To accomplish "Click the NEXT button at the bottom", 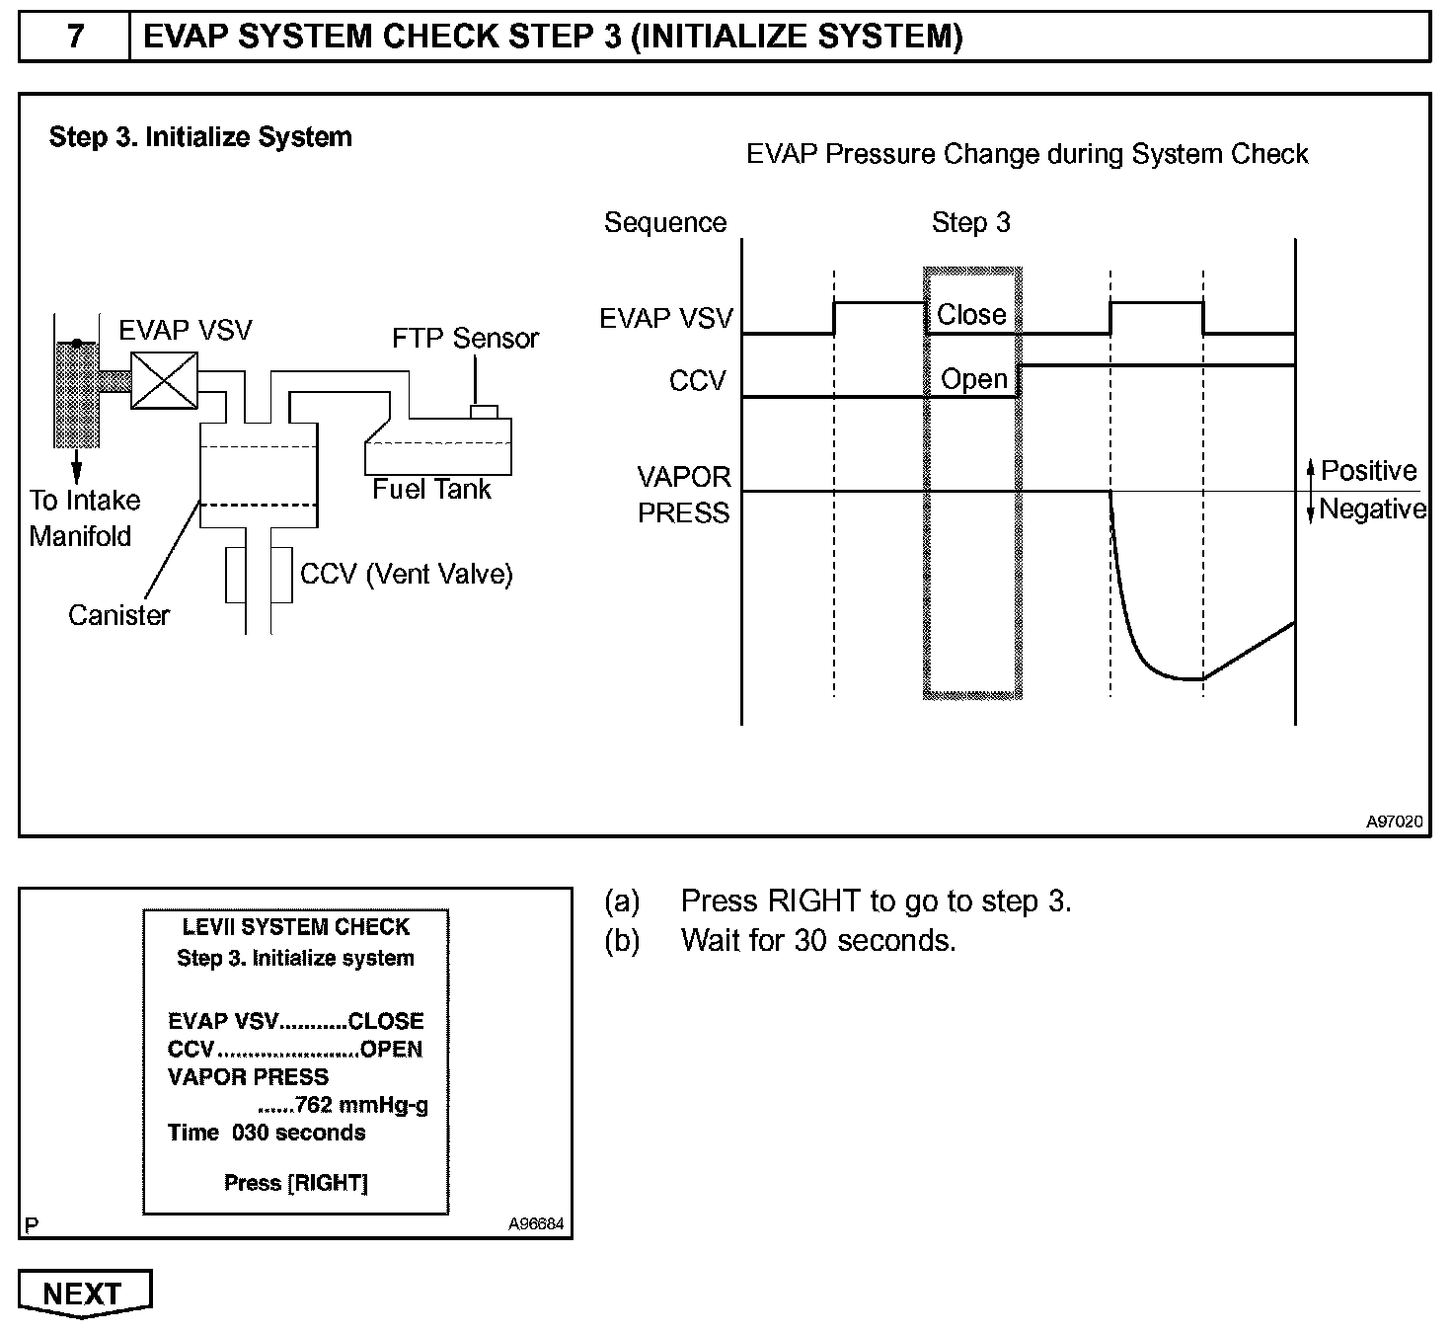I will pyautogui.click(x=85, y=1294).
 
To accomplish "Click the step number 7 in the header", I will pyautogui.click(x=75, y=37).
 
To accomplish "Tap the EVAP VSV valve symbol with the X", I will pyautogui.click(x=164, y=380).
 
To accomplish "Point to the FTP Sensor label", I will pyautogui.click(x=465, y=338).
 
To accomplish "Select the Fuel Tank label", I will pyautogui.click(x=431, y=489).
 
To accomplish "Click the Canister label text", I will pyautogui.click(x=118, y=615).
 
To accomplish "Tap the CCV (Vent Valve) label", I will pyautogui.click(x=406, y=574).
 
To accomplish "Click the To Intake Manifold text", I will pyautogui.click(x=84, y=517).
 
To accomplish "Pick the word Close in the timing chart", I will pyautogui.click(x=971, y=315).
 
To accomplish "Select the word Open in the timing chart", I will pyautogui.click(x=973, y=379).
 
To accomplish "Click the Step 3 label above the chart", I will pyautogui.click(x=970, y=222).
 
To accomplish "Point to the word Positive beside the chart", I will pyautogui.click(x=1368, y=470).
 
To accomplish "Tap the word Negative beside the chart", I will pyautogui.click(x=1372, y=510).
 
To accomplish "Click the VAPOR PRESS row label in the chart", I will pyautogui.click(x=684, y=495).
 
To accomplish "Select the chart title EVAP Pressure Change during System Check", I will pyautogui.click(x=1027, y=154).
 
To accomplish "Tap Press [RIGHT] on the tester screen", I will pyautogui.click(x=295, y=1183).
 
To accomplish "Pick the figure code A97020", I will pyautogui.click(x=1394, y=821).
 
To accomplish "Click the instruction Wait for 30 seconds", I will pyautogui.click(x=818, y=940).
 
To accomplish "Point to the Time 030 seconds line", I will pyautogui.click(x=267, y=1133).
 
